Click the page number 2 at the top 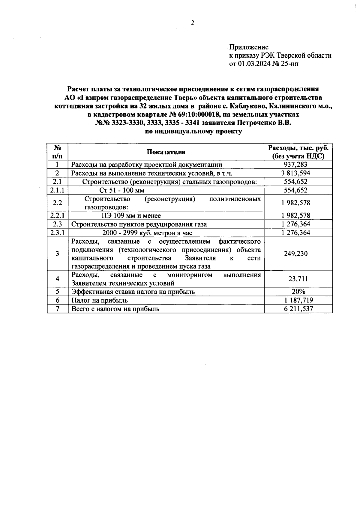click(x=193, y=23)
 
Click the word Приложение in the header click(x=249, y=47)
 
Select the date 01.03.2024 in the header click(x=255, y=64)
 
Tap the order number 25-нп click(x=290, y=64)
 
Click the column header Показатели click(x=166, y=152)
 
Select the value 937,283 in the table click(x=295, y=165)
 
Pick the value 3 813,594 click(x=295, y=173)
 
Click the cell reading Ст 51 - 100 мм click(x=122, y=190)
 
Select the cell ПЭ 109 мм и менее click(x=131, y=215)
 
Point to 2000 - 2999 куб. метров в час click(x=147, y=233)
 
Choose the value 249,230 click(x=295, y=254)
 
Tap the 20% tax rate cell click(x=298, y=292)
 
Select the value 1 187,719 click(x=295, y=300)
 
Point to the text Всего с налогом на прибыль click(x=115, y=309)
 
